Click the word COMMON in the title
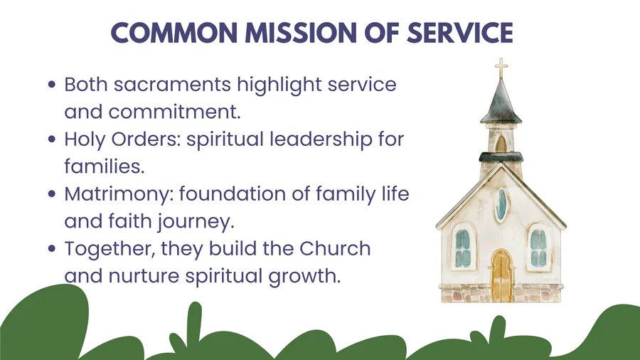click(x=174, y=33)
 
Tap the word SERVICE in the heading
click(x=460, y=33)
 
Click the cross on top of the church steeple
click(x=501, y=68)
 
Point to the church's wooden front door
click(x=501, y=276)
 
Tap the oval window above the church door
click(x=501, y=205)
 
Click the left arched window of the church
click(x=463, y=248)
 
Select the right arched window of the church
click(x=538, y=248)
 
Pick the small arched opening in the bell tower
click(x=501, y=144)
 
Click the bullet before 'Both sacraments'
click(x=51, y=85)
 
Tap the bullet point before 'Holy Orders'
click(x=51, y=139)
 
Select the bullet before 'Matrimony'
click(x=51, y=194)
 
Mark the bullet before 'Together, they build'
click(x=51, y=248)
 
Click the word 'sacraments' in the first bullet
click(x=172, y=85)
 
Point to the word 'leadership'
click(x=321, y=139)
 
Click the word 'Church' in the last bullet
click(x=335, y=248)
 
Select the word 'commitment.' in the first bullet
click(x=175, y=112)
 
